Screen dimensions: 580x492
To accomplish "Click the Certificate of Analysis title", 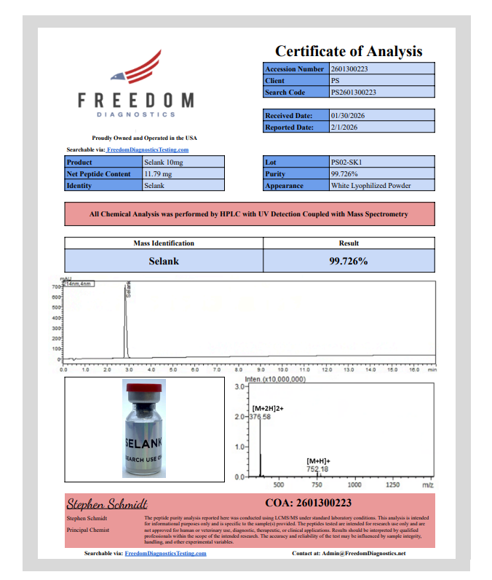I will pyautogui.click(x=349, y=51).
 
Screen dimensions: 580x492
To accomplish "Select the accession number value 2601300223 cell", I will pyautogui.click(x=382, y=69).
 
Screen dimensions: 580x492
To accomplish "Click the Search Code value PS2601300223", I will pyautogui.click(x=382, y=93).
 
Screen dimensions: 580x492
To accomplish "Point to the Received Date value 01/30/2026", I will pyautogui.click(x=382, y=115).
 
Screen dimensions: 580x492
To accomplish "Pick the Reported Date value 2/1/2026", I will pyautogui.click(x=382, y=127).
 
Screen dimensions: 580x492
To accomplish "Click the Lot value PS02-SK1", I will pyautogui.click(x=382, y=162).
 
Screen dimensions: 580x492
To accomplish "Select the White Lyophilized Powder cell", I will pyautogui.click(x=382, y=185).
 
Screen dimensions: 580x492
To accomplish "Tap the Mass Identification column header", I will pyautogui.click(x=164, y=243).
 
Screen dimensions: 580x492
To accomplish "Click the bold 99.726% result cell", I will pyautogui.click(x=349, y=260).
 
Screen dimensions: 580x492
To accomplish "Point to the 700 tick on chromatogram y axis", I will pyautogui.click(x=56, y=287).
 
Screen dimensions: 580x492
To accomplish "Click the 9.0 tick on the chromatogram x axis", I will pyautogui.click(x=261, y=369).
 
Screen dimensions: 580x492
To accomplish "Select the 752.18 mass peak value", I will pyautogui.click(x=319, y=470).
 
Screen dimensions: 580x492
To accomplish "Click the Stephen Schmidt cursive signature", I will pyautogui.click(x=107, y=504).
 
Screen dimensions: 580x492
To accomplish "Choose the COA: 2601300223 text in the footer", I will pyautogui.click(x=309, y=503).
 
